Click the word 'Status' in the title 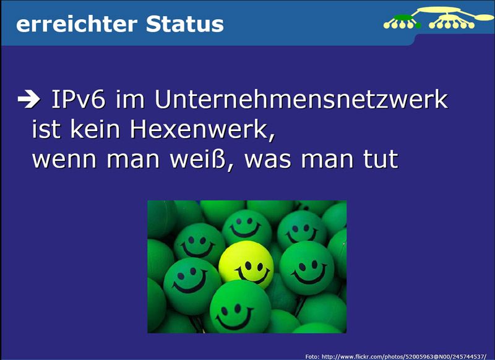point(185,24)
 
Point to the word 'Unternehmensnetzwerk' point(301,99)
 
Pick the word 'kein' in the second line point(98,130)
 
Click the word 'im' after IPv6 point(128,99)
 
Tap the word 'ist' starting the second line point(45,130)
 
